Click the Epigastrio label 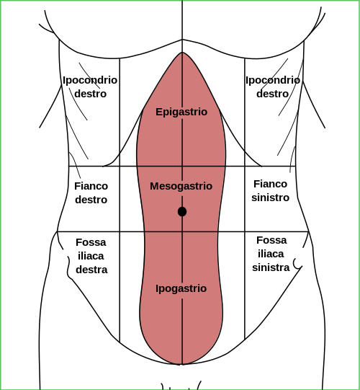coord(181,112)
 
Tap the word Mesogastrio coord(181,186)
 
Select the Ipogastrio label coord(181,288)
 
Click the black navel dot coord(182,212)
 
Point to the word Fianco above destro coord(91,186)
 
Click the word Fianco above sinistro coord(270,184)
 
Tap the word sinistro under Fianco coord(270,198)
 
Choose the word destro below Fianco coord(91,200)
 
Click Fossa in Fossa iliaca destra coord(91,242)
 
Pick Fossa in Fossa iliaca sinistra coord(271,240)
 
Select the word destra coord(91,270)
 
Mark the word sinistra coord(271,267)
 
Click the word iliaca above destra coord(91,256)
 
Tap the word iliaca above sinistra coord(271,254)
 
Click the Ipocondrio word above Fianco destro coord(90,80)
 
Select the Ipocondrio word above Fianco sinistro coord(273,80)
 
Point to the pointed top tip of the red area coord(182,53)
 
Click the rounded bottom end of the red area coord(182,364)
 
